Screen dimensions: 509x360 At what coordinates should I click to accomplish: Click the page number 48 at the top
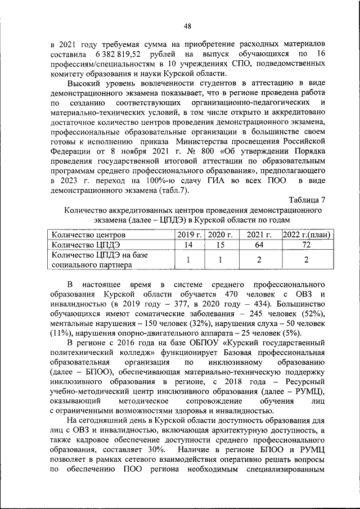click(x=188, y=25)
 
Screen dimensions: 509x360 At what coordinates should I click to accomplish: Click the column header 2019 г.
click(x=190, y=235)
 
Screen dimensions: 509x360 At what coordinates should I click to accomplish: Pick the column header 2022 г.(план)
click(x=305, y=235)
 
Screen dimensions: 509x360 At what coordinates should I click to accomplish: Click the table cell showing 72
click(x=305, y=245)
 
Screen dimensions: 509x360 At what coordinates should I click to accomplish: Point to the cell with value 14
click(x=190, y=245)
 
